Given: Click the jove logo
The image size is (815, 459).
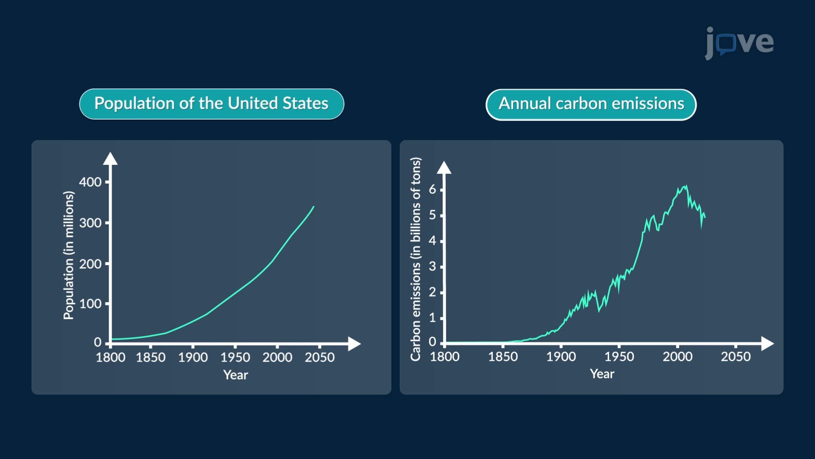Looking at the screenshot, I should coord(739,42).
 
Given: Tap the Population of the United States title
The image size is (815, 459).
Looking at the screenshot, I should coord(211,104).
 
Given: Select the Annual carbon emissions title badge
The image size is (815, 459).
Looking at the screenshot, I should coord(591,104).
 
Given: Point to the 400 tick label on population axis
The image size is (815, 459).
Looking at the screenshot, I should coord(90,182).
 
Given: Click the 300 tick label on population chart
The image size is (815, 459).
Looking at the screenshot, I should coord(90,223).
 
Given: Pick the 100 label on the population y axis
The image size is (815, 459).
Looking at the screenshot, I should coord(90,304).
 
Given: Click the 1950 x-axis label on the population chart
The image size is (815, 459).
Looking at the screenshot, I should coord(235,357).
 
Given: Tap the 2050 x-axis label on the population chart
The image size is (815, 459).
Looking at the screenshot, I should coord(320,357).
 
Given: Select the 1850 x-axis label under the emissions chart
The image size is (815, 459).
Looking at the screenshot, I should coord(503,357).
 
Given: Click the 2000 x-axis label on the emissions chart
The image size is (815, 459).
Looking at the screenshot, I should coord(677,357).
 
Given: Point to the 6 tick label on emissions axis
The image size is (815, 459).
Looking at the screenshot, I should coord(432,190).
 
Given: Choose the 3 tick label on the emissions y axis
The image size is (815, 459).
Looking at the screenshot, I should coord(432,267).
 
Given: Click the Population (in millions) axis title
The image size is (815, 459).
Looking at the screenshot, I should coord(68,255).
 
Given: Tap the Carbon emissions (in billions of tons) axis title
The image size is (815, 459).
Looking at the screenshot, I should coord(416,259).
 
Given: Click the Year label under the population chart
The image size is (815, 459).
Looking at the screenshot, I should coord(236,375).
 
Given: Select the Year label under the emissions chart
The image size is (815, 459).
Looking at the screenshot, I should coord(602,374).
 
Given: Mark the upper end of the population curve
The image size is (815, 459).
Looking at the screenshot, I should coord(314,207).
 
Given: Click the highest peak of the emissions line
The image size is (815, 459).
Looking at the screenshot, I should coord(686,186).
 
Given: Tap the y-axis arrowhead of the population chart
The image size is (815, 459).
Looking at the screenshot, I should coord(110,159).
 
